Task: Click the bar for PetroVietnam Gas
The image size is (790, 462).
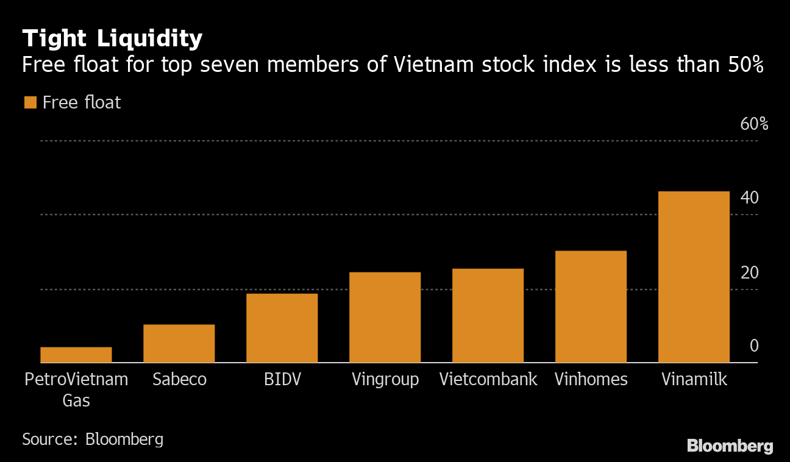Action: tap(76, 355)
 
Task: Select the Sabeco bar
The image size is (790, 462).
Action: tap(179, 344)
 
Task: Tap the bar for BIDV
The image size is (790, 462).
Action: tap(282, 328)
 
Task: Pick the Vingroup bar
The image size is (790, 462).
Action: tap(385, 318)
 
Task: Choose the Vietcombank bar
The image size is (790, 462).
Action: tap(488, 316)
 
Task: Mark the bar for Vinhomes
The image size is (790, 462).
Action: tap(591, 307)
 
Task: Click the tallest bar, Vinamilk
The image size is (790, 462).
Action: tap(694, 277)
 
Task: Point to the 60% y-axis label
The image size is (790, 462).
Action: tap(754, 124)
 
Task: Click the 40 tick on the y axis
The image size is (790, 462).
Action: tap(749, 198)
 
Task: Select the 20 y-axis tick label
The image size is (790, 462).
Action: tap(749, 272)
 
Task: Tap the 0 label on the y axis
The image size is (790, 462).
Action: tap(754, 346)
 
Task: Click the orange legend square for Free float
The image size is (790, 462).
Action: tap(30, 102)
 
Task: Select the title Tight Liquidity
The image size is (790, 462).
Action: tap(112, 39)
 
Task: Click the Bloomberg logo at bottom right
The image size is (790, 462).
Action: tap(730, 446)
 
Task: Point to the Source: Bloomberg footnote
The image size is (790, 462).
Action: tap(93, 439)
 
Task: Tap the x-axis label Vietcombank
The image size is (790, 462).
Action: tap(488, 380)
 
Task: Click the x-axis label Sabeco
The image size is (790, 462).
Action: tap(179, 380)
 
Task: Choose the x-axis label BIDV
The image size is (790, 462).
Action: tap(282, 380)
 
